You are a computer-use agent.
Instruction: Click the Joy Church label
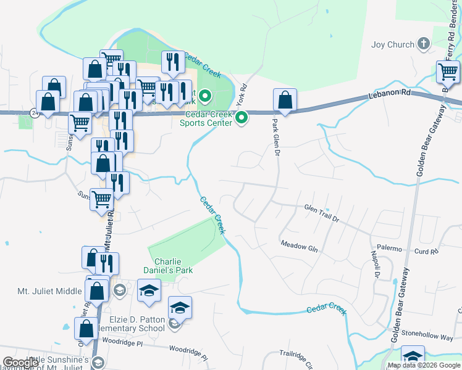click(x=392, y=44)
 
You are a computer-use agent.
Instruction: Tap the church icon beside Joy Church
click(x=423, y=43)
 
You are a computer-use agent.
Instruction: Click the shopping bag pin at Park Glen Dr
click(x=285, y=100)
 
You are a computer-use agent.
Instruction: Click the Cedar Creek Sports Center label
click(x=206, y=118)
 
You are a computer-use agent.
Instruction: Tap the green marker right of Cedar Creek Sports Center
click(x=242, y=117)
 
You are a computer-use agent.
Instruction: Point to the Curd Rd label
click(x=426, y=251)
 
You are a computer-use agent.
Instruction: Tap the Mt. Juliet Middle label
click(x=49, y=291)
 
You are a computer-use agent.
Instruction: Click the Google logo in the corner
click(x=21, y=363)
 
